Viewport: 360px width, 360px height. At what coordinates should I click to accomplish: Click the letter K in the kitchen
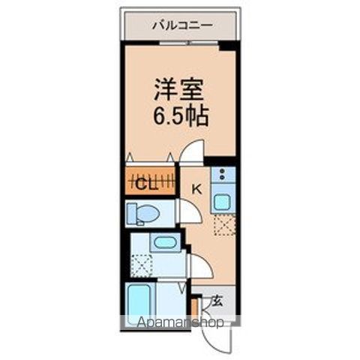197,190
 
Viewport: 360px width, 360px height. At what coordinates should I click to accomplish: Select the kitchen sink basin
223,202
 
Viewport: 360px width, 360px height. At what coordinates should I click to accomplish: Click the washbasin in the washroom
163,243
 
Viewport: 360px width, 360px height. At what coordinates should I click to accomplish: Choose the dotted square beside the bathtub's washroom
140,264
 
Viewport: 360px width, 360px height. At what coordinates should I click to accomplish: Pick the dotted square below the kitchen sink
223,224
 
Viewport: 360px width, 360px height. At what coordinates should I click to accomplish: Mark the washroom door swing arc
199,266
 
